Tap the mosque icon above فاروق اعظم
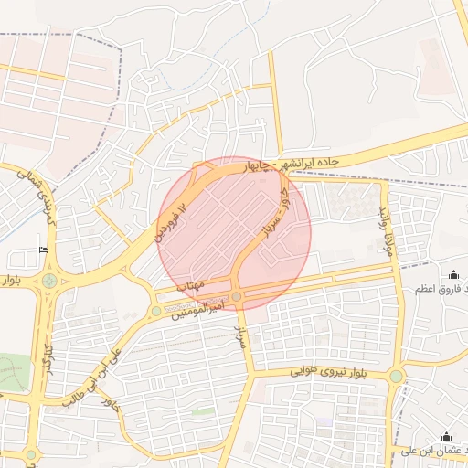point(454,274)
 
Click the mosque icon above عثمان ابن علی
point(446,436)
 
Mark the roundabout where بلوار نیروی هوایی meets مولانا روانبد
point(396,376)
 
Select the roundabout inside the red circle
point(237,296)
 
